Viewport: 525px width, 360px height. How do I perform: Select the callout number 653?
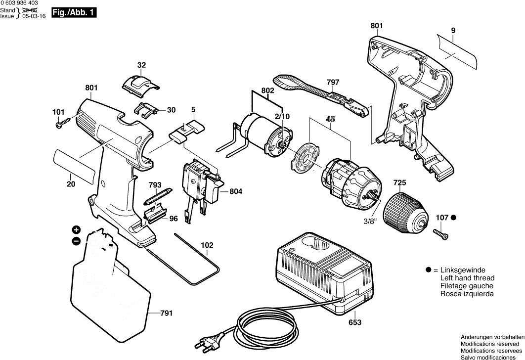coord(355,322)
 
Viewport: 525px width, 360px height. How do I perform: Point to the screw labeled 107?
coord(440,232)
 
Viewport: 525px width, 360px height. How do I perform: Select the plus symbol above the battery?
coord(76,229)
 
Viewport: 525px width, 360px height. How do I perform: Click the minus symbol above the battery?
coord(76,241)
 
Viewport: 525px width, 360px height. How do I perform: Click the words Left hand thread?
coord(467,278)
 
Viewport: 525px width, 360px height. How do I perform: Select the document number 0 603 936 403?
coord(19,3)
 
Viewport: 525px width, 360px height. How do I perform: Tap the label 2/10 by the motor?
coord(282,116)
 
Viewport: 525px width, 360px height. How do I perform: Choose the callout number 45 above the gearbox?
coord(329,118)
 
